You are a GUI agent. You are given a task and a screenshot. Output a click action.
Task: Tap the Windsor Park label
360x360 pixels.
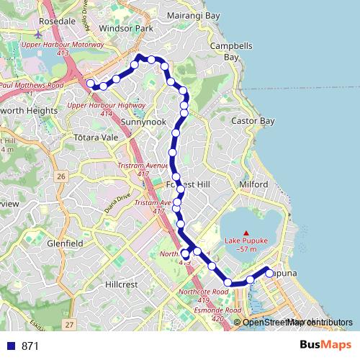point(127,29)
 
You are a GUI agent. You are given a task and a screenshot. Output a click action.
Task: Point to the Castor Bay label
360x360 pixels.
point(253,121)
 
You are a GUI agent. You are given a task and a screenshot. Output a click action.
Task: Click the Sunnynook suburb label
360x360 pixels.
point(143,122)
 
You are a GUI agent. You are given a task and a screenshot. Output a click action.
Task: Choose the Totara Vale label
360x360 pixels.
point(96,136)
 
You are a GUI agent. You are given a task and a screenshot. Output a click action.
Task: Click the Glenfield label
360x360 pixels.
point(66,244)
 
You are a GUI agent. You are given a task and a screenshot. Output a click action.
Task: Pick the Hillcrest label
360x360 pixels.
point(120,284)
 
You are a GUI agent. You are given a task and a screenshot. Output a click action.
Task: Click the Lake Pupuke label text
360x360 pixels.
point(246,240)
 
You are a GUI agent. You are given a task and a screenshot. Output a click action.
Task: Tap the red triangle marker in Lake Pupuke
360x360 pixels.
point(246,232)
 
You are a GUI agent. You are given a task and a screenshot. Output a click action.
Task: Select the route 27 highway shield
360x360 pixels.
point(68,325)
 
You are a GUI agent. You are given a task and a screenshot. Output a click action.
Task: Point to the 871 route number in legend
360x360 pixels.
point(30,346)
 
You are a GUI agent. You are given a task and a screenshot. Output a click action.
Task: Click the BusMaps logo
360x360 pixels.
point(325,346)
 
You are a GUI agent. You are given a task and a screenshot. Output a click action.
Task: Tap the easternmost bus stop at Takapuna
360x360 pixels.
point(269,274)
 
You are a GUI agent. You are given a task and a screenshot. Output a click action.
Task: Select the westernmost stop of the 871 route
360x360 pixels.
point(91,84)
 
